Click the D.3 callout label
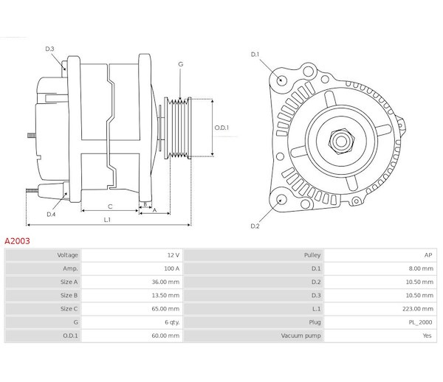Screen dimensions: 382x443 (50, 49)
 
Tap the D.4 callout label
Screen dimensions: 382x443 (51, 214)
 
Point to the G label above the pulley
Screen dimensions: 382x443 (180, 65)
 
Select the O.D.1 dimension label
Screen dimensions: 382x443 (222, 128)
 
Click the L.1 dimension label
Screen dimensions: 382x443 (107, 219)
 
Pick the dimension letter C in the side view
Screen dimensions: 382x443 (109, 206)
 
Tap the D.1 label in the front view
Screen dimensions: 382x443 (255, 55)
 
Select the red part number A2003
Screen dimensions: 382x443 (18, 240)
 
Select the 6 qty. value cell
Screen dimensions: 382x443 (169, 322)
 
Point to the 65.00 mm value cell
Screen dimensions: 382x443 (165, 308)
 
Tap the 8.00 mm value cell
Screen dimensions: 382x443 (420, 268)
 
